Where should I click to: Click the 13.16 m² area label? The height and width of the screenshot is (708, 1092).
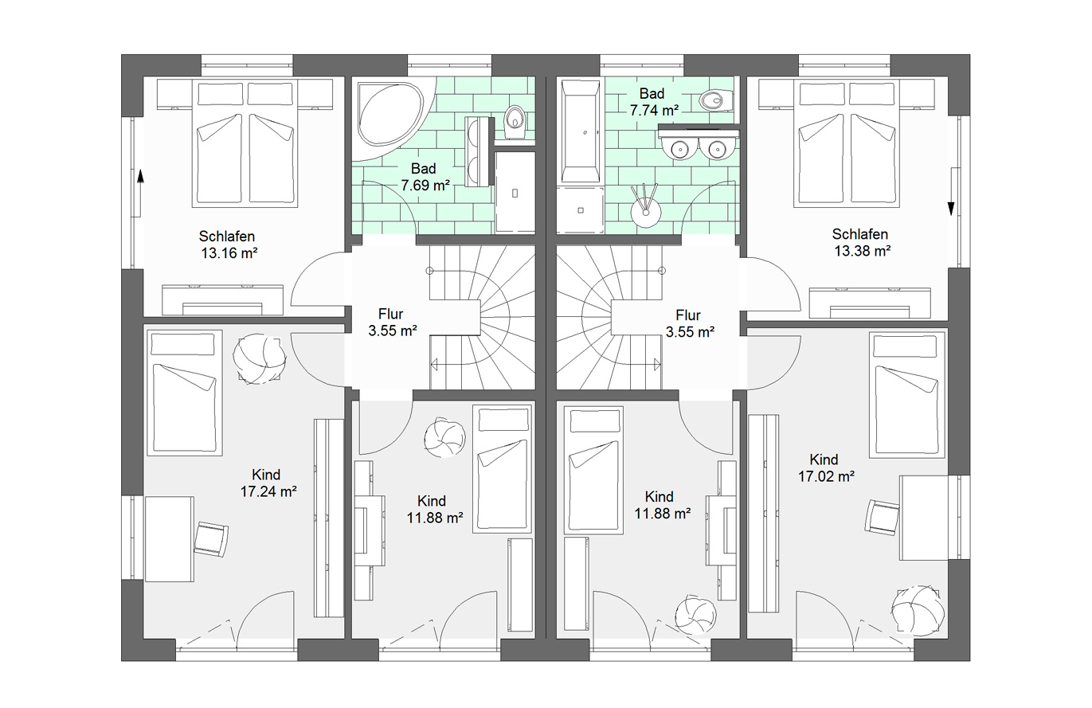coord(228,244)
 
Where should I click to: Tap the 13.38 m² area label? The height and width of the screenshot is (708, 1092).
coord(862,243)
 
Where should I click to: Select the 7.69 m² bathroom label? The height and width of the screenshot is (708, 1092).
coord(425,177)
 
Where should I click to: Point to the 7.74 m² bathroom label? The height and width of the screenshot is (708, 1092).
coord(653,102)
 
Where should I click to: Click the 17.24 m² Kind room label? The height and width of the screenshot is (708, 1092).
coord(268,483)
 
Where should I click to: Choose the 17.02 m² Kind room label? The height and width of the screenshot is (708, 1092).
coord(826,468)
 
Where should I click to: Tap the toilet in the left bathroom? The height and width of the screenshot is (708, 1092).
coord(515,122)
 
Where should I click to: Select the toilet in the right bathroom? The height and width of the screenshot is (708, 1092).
coord(715,101)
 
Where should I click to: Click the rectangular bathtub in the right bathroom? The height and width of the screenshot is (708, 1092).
coord(581,131)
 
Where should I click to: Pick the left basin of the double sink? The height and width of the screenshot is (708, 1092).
coord(678,148)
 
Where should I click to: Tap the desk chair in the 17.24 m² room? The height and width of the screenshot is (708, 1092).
coord(212,539)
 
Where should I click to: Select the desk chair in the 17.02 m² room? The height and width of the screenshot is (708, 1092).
coord(882,518)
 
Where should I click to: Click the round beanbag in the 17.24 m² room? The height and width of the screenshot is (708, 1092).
coord(260,358)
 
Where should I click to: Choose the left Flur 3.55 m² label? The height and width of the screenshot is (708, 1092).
coord(392,323)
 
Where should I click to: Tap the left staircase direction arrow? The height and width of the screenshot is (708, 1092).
coord(434,364)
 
